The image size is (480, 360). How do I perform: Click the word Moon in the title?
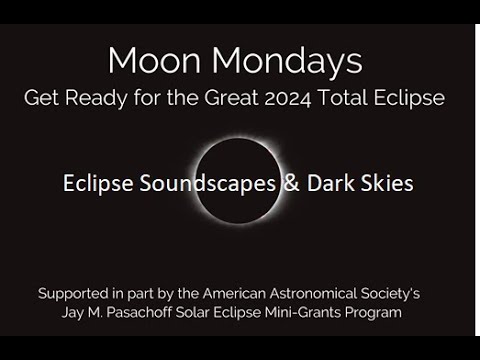tap(150, 61)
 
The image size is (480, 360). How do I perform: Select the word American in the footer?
tap(228, 295)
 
